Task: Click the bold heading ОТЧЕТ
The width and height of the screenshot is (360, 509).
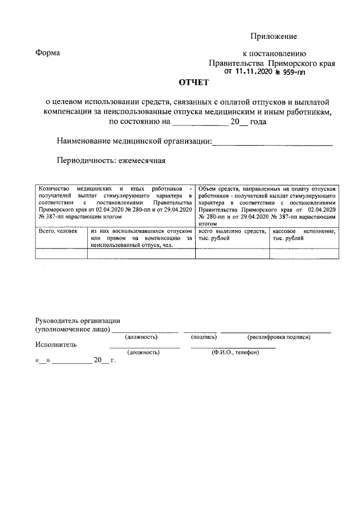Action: coord(193,83)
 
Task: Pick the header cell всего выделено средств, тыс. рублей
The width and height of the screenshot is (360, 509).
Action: coord(232,235)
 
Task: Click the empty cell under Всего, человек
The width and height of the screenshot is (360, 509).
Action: coord(61,253)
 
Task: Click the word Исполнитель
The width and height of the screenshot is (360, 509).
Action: coord(56,344)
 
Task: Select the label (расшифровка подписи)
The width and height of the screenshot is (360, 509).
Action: coord(278,337)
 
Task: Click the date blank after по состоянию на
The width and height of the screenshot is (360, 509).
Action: coord(200,121)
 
